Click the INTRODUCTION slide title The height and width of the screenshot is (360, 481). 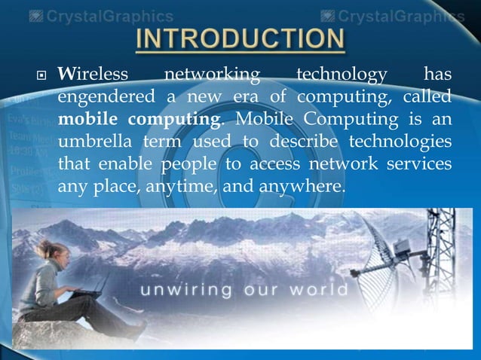tap(240, 41)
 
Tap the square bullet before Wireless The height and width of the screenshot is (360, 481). tap(41, 76)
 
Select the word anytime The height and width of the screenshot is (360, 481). tap(185, 185)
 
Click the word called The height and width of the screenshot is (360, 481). tap(427, 98)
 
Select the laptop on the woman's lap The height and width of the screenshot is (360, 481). tap(89, 291)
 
